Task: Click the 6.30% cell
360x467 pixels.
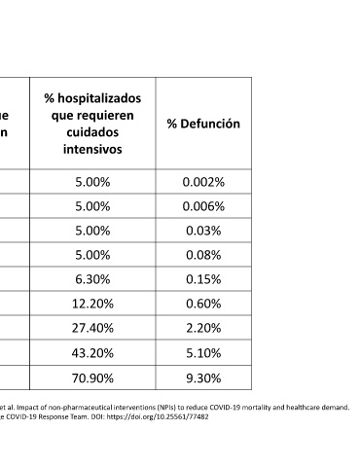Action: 92,279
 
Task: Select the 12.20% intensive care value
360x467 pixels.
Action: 92,304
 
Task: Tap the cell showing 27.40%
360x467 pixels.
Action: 92,328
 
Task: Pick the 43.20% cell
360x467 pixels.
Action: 92,353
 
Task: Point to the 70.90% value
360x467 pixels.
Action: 92,377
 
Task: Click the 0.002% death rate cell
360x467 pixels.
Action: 203,182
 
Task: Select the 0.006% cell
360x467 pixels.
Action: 203,206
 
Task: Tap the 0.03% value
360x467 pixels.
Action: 203,231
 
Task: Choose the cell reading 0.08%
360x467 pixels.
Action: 203,255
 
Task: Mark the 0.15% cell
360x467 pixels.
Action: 203,279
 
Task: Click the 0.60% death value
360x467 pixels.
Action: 203,304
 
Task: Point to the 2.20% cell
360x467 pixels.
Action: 203,328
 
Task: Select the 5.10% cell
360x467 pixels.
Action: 203,353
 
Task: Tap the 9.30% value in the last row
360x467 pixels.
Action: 203,377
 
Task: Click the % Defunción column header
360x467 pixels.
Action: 203,124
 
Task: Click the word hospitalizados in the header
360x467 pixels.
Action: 99,98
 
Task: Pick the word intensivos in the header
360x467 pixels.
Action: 92,149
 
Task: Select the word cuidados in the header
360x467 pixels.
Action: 92,132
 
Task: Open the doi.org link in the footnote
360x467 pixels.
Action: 158,416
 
